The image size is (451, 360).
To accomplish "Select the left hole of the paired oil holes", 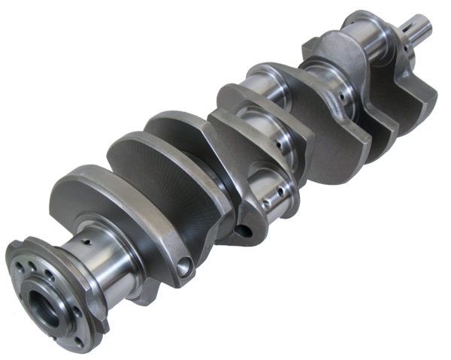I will point(265,201).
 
